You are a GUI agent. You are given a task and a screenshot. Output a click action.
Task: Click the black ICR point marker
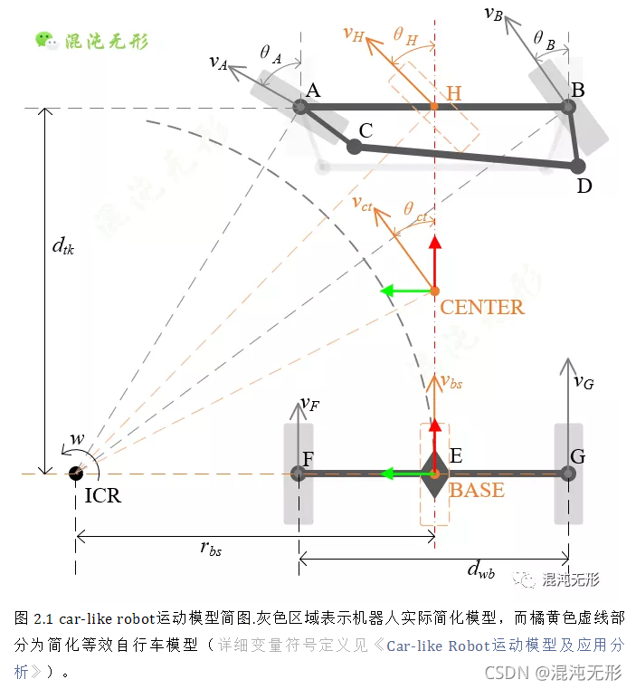coord(76,474)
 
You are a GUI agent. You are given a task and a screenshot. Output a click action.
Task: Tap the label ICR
coord(102,496)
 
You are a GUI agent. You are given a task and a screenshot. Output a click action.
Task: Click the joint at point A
coord(302,108)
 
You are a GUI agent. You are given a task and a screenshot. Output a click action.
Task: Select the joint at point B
coord(569,107)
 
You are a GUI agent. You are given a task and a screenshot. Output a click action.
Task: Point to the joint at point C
coord(355,145)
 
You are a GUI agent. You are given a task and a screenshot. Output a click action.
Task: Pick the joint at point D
coord(577,166)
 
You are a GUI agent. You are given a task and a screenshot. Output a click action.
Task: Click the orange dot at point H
coord(434,107)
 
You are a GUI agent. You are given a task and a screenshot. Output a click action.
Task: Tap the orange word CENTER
coord(482,308)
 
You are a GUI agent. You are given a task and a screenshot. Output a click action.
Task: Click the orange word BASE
coord(477,492)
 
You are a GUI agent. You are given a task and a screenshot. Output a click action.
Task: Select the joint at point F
coord(299,473)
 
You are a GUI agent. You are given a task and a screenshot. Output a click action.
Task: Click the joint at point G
coord(568,473)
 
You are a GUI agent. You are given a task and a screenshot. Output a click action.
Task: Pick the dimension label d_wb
coord(480,569)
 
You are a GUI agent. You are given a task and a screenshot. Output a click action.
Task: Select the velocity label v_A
coord(217,61)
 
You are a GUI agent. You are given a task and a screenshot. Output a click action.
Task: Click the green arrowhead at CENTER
coord(386,291)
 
